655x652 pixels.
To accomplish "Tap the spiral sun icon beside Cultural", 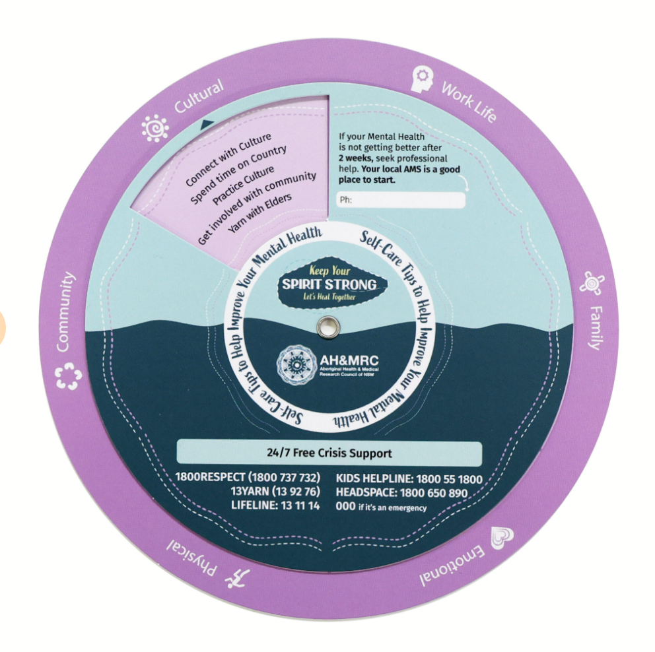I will click(155, 128).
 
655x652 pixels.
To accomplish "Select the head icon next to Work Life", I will click(422, 80).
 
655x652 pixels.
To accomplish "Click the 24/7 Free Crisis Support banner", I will click(329, 453).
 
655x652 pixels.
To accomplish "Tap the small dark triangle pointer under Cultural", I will click(207, 123).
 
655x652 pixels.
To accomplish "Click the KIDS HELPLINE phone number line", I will click(409, 480).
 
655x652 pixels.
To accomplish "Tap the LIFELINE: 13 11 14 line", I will click(275, 505).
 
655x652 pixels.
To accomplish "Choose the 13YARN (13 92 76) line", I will click(275, 492).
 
